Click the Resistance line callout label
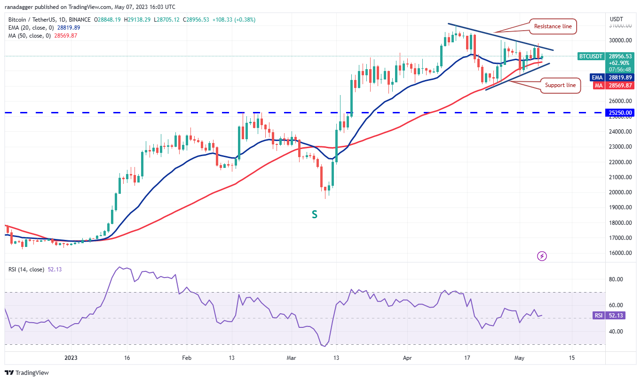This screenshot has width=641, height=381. (x=553, y=26)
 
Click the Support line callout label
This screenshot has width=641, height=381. (x=560, y=86)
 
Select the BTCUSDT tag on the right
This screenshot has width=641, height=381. (x=591, y=56)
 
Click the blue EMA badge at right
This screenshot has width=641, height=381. (x=597, y=78)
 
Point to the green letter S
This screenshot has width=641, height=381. (x=314, y=214)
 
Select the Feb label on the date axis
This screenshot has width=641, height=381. (x=187, y=357)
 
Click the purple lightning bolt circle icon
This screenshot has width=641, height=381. (x=542, y=256)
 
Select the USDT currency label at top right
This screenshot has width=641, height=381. (x=616, y=19)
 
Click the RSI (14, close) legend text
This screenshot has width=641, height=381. (x=26, y=270)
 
